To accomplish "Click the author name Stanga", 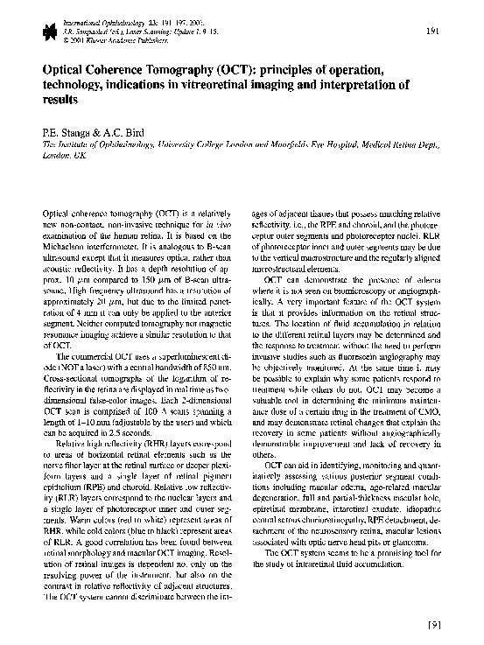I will pyautogui.click(x=72, y=131).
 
